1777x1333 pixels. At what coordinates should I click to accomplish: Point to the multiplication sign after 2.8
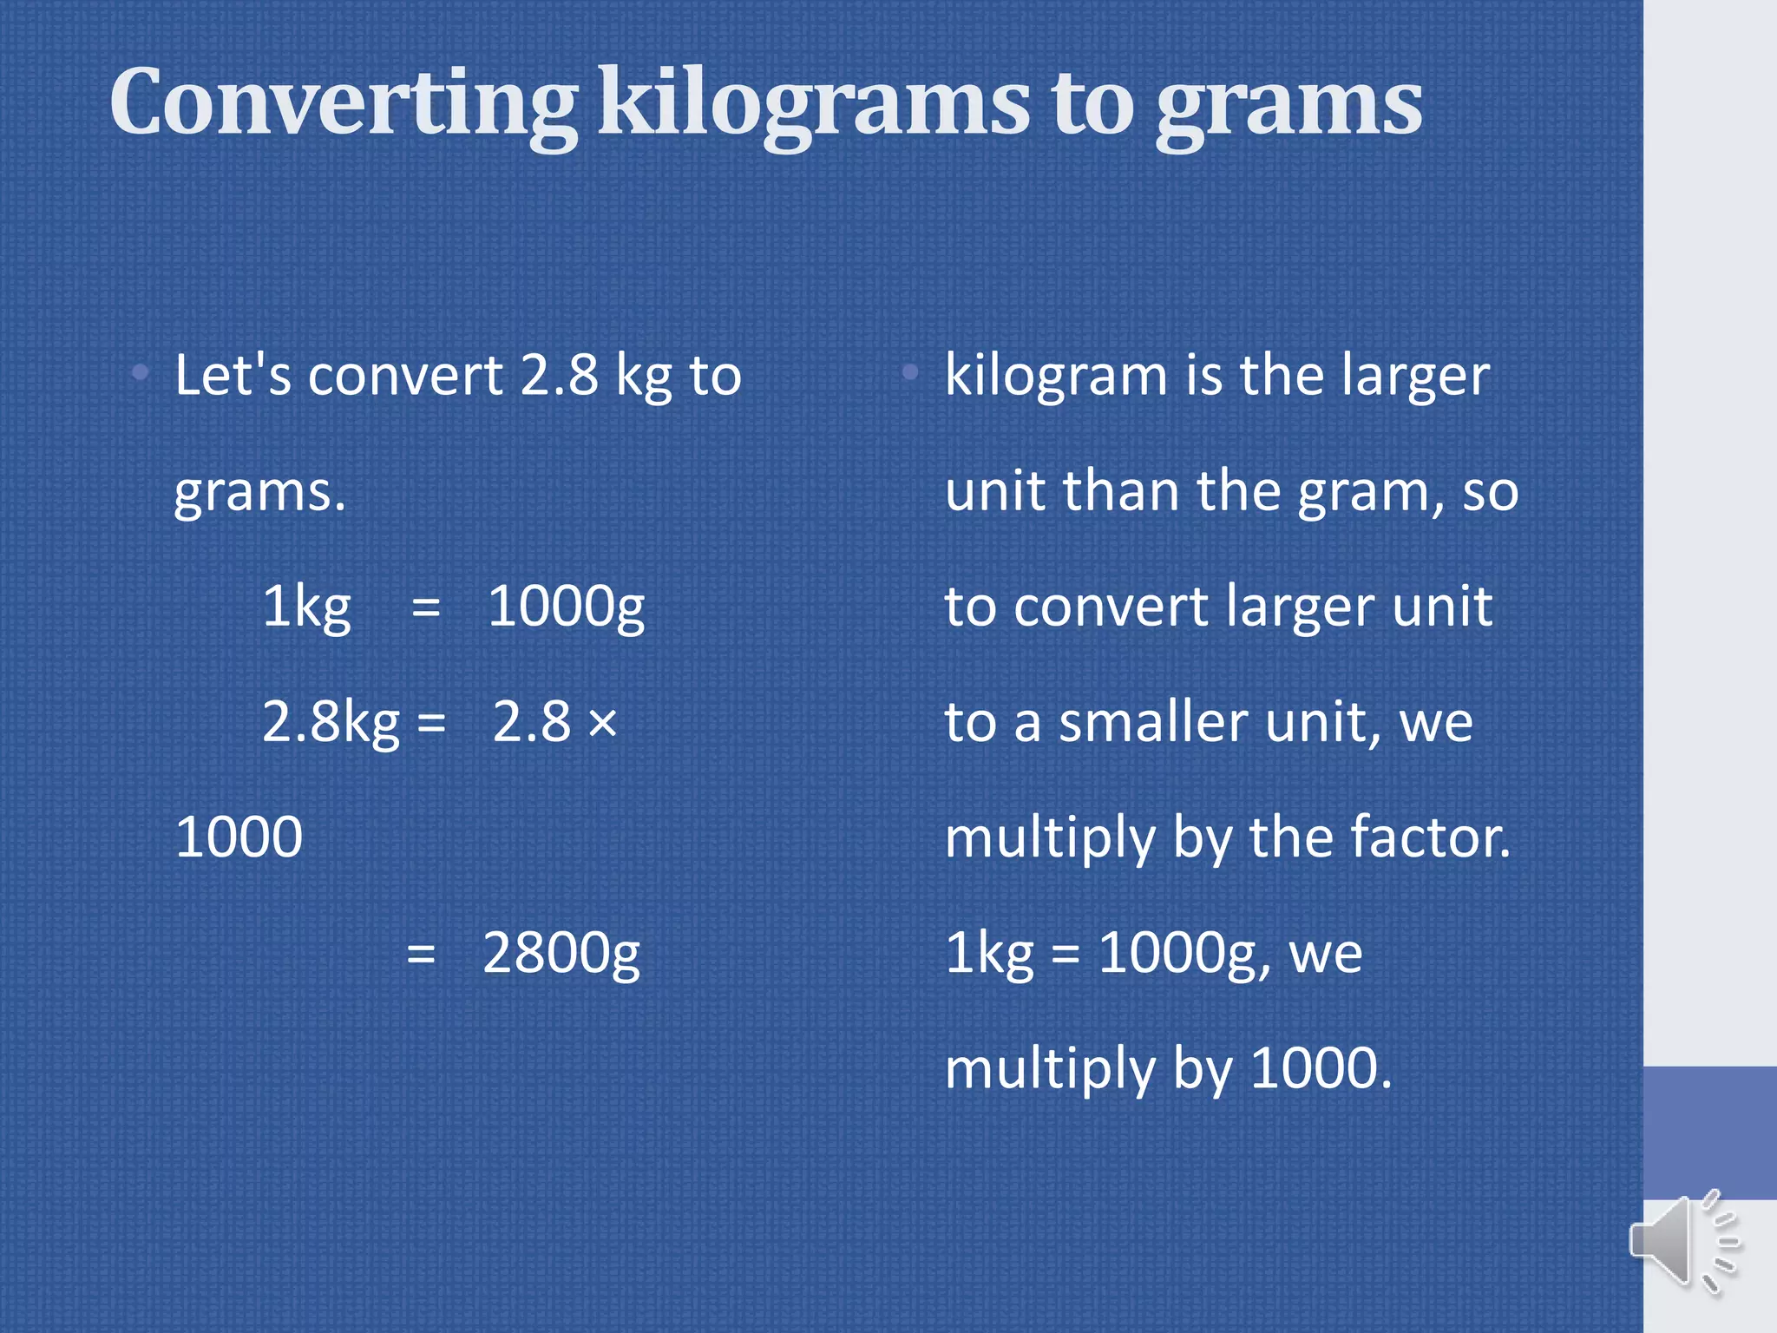click(602, 722)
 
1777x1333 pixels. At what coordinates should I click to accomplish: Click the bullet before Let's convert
click(141, 374)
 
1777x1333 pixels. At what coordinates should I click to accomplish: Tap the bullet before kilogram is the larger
click(909, 373)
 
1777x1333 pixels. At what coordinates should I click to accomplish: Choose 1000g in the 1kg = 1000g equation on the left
click(566, 607)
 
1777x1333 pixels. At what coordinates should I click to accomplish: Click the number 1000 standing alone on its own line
click(239, 837)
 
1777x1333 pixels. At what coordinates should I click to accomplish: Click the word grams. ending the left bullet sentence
click(259, 493)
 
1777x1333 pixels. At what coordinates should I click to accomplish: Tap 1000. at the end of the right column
click(1321, 1068)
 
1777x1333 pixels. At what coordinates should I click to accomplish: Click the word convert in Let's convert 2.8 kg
click(405, 376)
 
